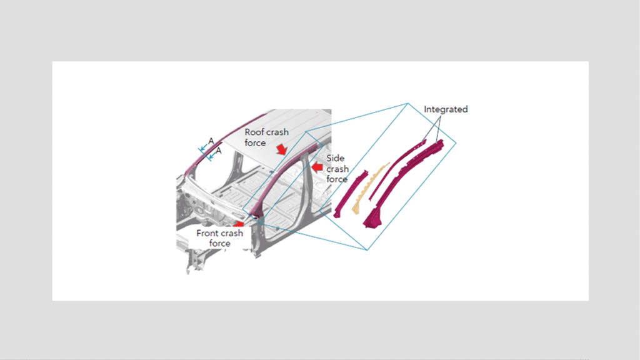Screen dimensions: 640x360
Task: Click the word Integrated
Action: [446, 109]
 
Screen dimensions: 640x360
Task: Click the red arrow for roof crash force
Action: [281, 149]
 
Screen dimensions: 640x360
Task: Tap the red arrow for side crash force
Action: [317, 167]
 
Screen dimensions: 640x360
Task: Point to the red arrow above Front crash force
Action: [238, 224]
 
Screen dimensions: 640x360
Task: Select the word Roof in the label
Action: [254, 132]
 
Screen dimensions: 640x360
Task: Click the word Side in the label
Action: [335, 158]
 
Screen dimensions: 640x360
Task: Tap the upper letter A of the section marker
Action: [211, 141]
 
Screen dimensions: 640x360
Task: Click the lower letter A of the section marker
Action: [219, 151]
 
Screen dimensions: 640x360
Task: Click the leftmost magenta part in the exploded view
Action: [350, 194]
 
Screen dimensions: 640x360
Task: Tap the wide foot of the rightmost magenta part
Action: [371, 217]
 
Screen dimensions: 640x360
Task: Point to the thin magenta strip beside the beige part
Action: [397, 168]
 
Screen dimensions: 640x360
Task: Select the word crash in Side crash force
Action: [337, 169]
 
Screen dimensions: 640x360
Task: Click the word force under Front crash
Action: [219, 244]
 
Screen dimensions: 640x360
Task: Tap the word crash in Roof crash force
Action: [277, 132]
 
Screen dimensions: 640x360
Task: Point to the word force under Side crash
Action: [337, 179]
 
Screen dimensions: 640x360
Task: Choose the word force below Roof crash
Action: [255, 143]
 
